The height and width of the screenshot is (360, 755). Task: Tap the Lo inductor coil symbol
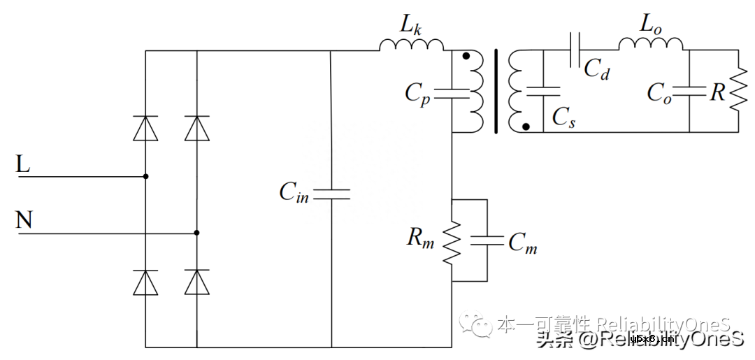(650, 44)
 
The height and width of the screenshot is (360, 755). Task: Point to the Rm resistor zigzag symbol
(452, 240)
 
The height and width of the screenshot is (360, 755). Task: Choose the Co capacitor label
(659, 93)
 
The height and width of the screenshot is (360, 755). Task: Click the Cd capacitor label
(597, 69)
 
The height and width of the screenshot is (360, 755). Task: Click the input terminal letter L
(23, 165)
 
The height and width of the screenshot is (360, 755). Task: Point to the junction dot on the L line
(145, 177)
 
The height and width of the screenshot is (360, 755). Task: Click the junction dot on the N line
(197, 233)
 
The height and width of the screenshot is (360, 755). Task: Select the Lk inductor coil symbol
(412, 45)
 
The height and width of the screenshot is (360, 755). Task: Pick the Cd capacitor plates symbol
(575, 50)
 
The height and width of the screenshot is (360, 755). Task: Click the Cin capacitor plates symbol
(331, 194)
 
